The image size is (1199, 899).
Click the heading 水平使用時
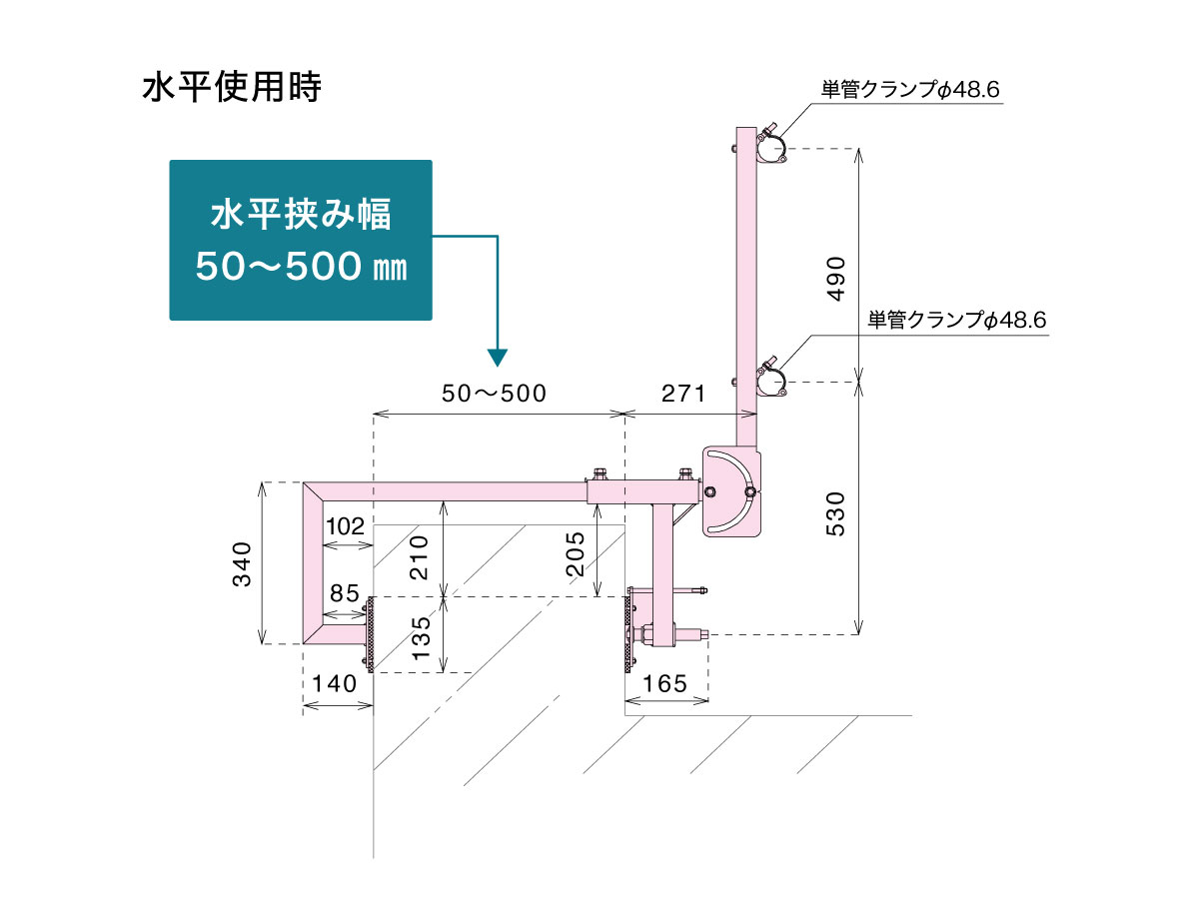(231, 88)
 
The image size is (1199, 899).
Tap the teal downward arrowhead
(498, 357)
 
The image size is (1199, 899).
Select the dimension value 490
(836, 279)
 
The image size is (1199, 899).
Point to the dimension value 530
(836, 511)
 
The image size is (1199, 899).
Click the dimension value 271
(684, 393)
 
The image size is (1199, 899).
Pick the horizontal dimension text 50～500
(495, 393)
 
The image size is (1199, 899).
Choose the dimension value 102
(344, 525)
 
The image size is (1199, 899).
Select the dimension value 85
(344, 593)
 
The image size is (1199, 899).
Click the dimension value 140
(335, 684)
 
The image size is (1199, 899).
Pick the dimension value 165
(666, 684)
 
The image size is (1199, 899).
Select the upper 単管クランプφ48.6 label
(910, 90)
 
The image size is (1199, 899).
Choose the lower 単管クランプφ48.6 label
(956, 321)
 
